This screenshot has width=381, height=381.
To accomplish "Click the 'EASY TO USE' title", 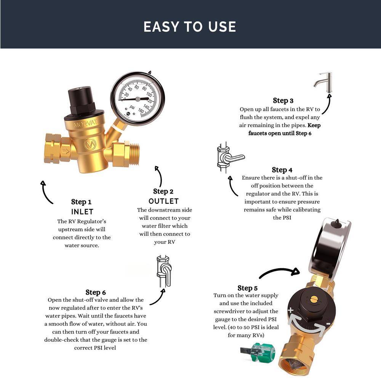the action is [x=190, y=27].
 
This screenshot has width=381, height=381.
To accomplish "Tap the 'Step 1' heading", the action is [x=81, y=202].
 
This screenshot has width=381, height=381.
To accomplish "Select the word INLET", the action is [x=82, y=211].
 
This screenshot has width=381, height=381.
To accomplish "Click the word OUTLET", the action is [x=163, y=201].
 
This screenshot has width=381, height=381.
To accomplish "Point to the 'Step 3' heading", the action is [x=283, y=101].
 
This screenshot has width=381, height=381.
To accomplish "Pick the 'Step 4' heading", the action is [x=282, y=170].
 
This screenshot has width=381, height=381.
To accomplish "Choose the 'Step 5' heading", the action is [x=247, y=288].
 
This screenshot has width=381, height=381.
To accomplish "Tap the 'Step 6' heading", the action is [x=96, y=292].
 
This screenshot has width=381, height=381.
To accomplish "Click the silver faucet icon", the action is [x=323, y=82].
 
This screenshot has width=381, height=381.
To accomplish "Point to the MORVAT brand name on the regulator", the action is [x=85, y=124].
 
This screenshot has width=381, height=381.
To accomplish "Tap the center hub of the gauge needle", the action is [x=138, y=99].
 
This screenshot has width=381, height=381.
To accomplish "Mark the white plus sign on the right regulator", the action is [x=291, y=310].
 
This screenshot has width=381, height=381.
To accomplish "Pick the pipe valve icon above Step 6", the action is [x=164, y=271].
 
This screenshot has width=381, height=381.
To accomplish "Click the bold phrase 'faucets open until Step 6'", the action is [x=280, y=133].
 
